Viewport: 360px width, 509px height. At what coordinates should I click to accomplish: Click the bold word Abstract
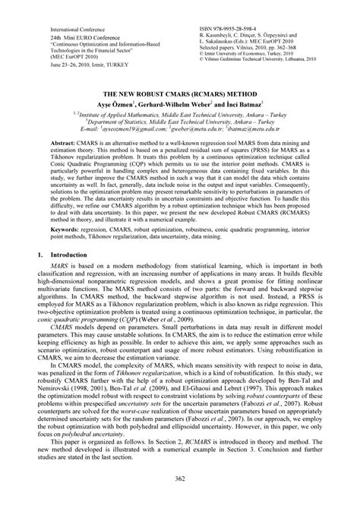[64, 143]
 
